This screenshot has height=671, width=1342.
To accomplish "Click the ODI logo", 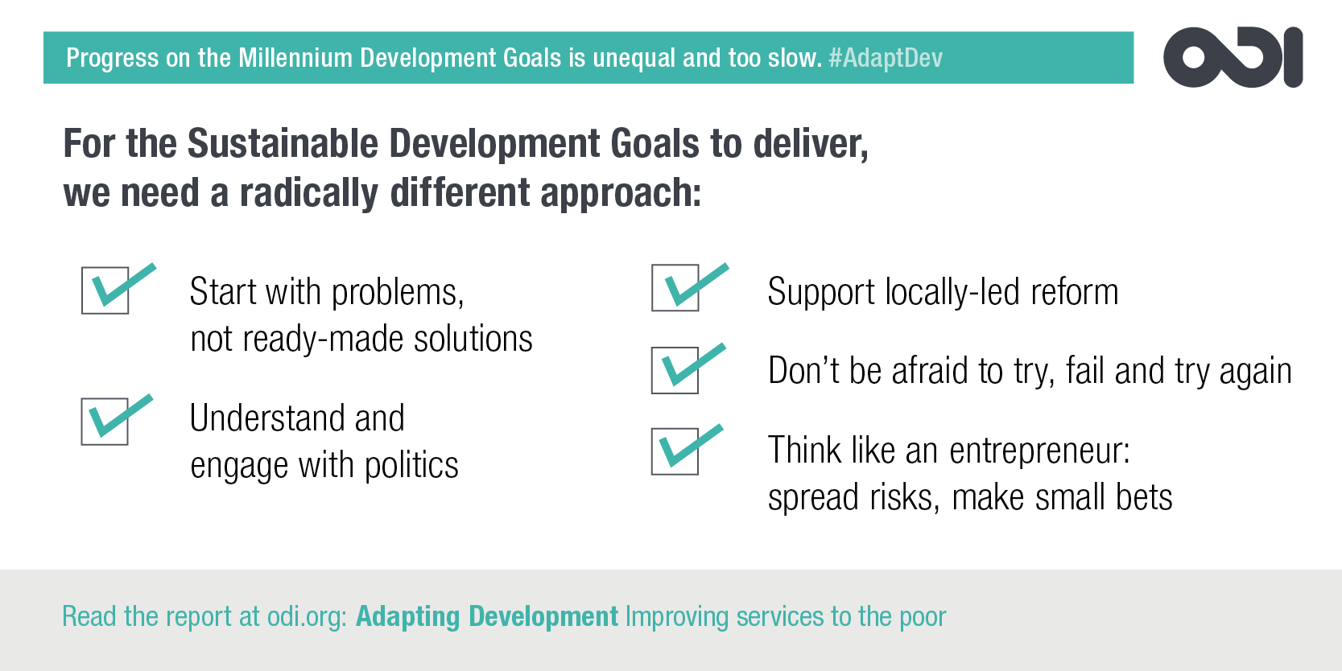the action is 1233,57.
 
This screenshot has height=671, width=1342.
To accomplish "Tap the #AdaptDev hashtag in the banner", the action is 886,58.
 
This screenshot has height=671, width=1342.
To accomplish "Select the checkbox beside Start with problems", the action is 105,290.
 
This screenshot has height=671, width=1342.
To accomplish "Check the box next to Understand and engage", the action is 105,422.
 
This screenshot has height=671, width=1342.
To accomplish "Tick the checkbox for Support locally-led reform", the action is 675,288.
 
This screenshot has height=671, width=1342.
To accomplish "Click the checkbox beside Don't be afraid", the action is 675,371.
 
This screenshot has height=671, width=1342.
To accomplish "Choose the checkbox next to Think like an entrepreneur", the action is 675,451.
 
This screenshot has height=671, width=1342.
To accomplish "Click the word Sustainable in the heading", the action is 283,144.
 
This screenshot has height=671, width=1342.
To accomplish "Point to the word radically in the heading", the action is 309,193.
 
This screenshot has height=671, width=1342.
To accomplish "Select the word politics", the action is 411,465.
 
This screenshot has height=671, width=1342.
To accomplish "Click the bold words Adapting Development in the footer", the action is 486,617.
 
